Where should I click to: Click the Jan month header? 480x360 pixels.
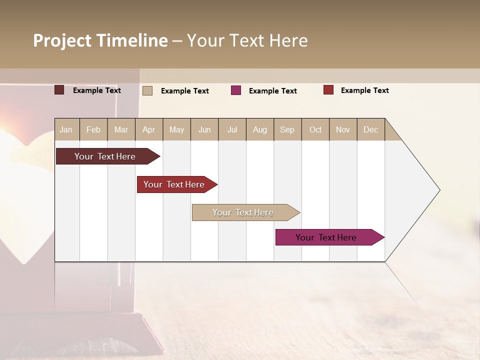tap(66, 130)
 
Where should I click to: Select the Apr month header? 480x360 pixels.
tap(148, 130)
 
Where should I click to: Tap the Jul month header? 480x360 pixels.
tap(232, 130)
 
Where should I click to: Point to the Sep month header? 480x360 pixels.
tap(287, 130)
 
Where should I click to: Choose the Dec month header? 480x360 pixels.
tap(370, 130)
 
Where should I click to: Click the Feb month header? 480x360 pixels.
tap(93, 130)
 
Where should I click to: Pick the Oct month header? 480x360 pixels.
tap(315, 130)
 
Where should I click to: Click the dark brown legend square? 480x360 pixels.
tap(59, 90)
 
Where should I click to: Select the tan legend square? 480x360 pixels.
tap(147, 90)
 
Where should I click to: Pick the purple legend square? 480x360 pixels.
tap(236, 90)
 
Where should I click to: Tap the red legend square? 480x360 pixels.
tap(328, 90)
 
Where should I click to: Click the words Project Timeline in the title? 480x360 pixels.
tap(100, 40)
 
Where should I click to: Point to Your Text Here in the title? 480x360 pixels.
tap(247, 40)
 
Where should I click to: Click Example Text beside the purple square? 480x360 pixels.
tap(272, 91)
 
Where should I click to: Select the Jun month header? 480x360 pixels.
tap(204, 130)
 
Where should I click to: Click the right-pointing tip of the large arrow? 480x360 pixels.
tap(438, 190)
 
